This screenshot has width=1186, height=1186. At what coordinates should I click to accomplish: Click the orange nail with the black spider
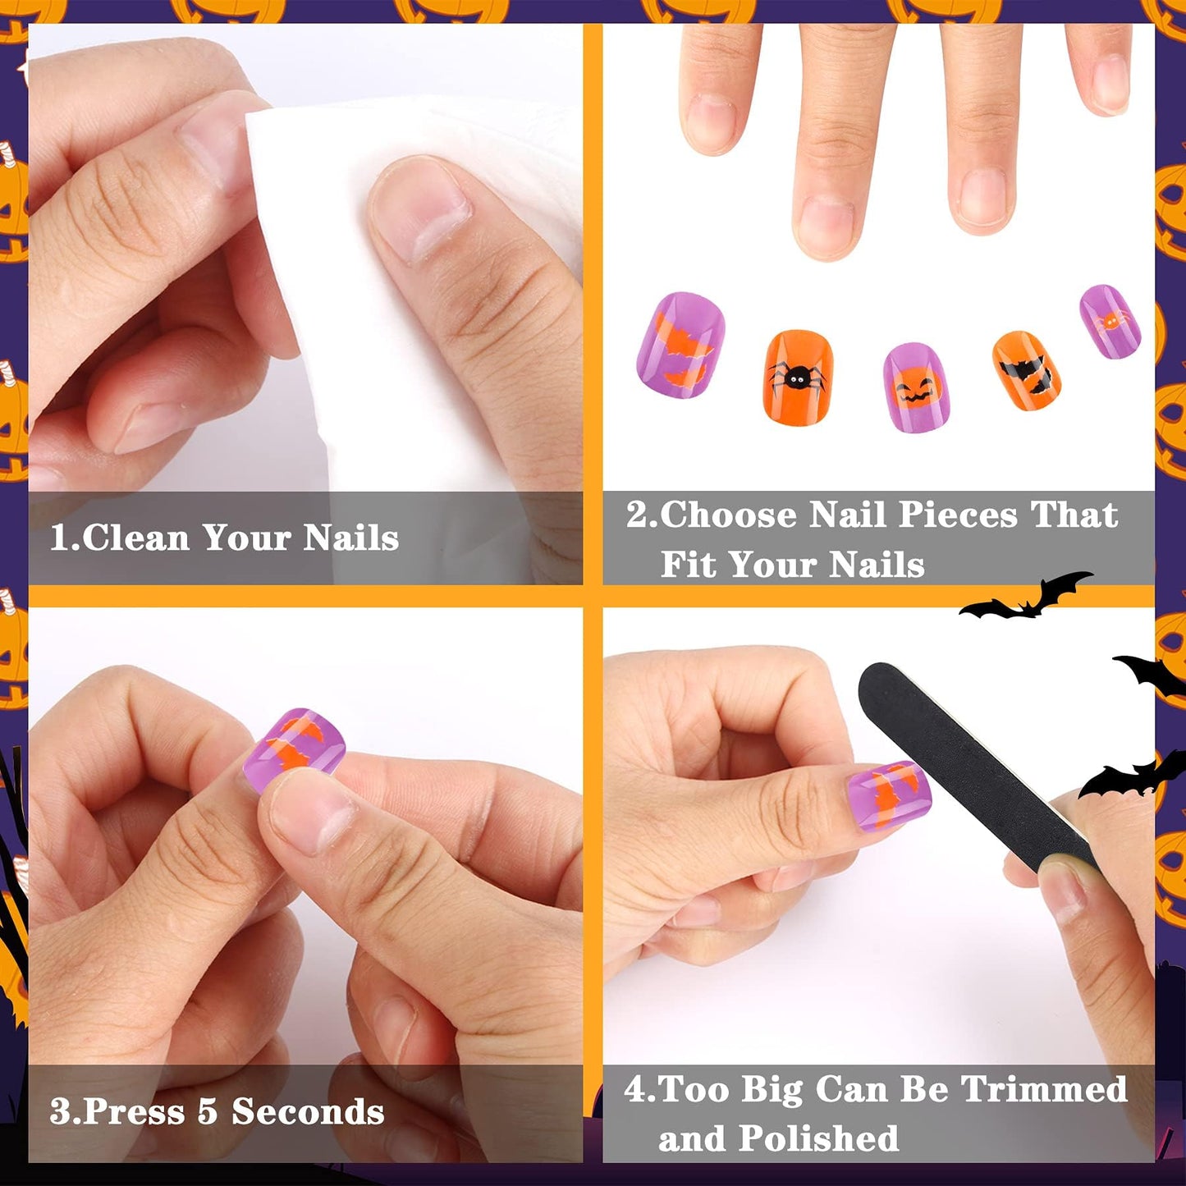point(798,378)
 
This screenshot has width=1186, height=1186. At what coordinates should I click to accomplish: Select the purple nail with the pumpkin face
point(914,387)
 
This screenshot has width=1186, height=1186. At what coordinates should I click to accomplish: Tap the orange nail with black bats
point(1026,371)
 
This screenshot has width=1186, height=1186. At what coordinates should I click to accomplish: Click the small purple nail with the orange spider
point(1110,321)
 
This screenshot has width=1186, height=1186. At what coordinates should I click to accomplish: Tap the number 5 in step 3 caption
point(207,1112)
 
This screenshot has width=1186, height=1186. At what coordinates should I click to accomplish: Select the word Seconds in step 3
point(308,1112)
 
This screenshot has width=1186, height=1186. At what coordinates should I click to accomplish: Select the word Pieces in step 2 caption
point(958,515)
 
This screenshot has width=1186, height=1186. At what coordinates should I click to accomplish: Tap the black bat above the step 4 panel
point(1026,598)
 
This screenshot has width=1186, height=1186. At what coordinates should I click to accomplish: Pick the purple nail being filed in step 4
point(889,796)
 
